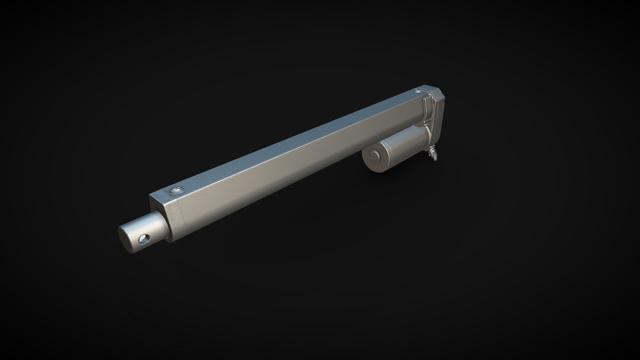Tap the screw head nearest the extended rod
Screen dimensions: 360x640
click(x=176, y=190)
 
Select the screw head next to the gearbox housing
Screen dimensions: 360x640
click(x=418, y=91)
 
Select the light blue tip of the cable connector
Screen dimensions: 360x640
click(x=435, y=160)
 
